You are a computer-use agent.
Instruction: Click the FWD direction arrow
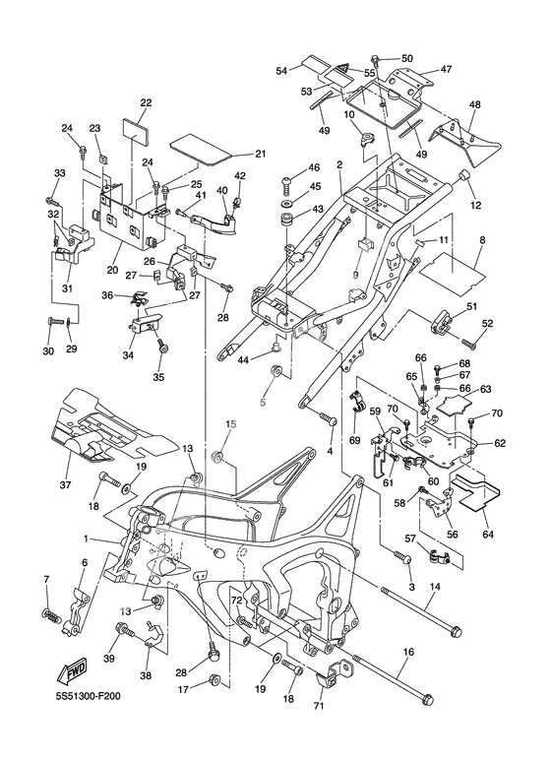point(71,671)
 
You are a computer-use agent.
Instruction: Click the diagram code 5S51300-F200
point(88,697)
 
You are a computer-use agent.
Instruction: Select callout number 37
point(66,484)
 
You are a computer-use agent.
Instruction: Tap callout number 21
point(261,155)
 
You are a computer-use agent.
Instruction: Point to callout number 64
point(487,535)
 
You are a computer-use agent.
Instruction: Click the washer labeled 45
point(286,201)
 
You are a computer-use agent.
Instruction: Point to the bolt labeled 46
point(287,183)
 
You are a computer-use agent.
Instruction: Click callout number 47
point(446,69)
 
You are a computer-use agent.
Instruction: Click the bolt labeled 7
point(52,615)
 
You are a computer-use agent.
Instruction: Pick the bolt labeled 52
point(468,343)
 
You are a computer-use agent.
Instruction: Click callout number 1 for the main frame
point(86,539)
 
